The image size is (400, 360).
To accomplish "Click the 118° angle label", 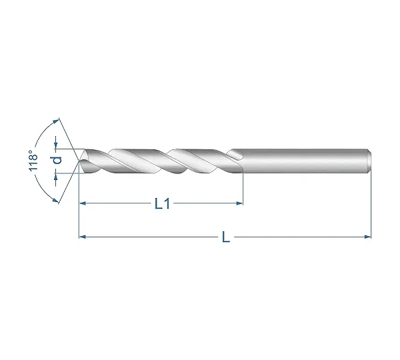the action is coord(33,161).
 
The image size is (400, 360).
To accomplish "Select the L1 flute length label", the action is coord(162,204).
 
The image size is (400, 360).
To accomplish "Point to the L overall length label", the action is coord(226,237).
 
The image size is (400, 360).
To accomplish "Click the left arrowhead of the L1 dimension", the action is coord(82,203).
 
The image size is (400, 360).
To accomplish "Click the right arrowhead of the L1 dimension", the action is coord(239,203).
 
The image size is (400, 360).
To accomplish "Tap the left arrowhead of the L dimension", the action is coord(82,237).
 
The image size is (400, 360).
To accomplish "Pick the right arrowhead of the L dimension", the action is coord(368,237).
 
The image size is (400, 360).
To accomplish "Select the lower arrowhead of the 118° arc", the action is coord(55,200).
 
